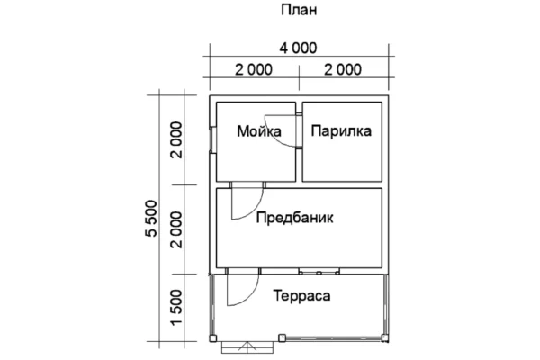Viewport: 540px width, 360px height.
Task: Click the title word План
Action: pyautogui.click(x=299, y=10)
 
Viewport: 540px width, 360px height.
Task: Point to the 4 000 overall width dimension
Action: pyautogui.click(x=298, y=48)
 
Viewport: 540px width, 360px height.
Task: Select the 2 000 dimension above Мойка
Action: pyautogui.click(x=254, y=69)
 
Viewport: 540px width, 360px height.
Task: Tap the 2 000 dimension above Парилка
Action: pyautogui.click(x=343, y=69)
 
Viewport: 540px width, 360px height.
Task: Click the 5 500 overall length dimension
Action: pyautogui.click(x=151, y=219)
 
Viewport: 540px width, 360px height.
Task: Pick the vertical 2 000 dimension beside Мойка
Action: pyautogui.click(x=176, y=139)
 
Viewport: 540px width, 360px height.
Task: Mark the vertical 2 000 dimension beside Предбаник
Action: pyautogui.click(x=176, y=229)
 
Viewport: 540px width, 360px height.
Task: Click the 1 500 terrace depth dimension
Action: pyautogui.click(x=176, y=307)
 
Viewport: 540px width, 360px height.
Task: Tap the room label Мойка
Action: pyautogui.click(x=259, y=131)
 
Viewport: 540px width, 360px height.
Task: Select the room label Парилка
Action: pyautogui.click(x=341, y=131)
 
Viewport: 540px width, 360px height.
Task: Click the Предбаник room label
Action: pyautogui.click(x=295, y=218)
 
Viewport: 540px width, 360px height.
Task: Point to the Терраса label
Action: pyautogui.click(x=302, y=296)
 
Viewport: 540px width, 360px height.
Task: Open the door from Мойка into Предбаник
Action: pyautogui.click(x=247, y=201)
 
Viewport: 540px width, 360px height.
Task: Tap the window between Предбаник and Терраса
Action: pyautogui.click(x=319, y=272)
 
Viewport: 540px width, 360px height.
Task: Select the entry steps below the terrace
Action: pyautogui.click(x=247, y=347)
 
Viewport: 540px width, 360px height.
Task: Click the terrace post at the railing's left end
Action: pyautogui.click(x=282, y=337)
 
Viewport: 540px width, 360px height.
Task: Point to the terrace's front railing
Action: pyautogui.click(x=334, y=338)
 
